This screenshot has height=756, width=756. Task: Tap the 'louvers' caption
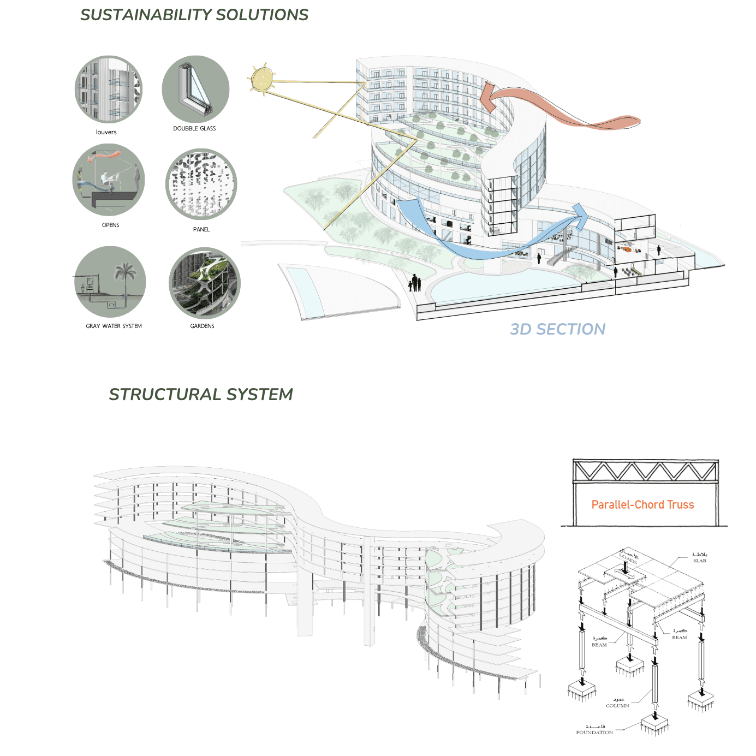(106, 132)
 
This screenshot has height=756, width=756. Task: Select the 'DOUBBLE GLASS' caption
(194, 128)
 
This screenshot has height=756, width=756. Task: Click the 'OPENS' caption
(110, 225)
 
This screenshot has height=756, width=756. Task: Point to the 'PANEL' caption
(201, 229)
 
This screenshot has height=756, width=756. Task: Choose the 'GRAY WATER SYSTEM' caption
(114, 326)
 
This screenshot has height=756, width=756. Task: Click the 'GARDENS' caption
(202, 326)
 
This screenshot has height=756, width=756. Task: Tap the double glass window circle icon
(195, 89)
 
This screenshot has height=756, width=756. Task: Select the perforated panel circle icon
(201, 184)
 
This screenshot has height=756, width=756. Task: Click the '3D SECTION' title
(557, 329)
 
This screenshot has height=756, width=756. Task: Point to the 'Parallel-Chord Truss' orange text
(642, 504)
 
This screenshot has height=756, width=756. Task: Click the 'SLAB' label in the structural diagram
(699, 561)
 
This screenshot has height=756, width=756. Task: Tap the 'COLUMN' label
(617, 705)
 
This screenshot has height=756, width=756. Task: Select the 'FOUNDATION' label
(594, 733)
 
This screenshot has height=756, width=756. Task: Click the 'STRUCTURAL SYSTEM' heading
(200, 394)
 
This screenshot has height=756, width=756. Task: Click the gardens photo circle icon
(204, 282)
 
